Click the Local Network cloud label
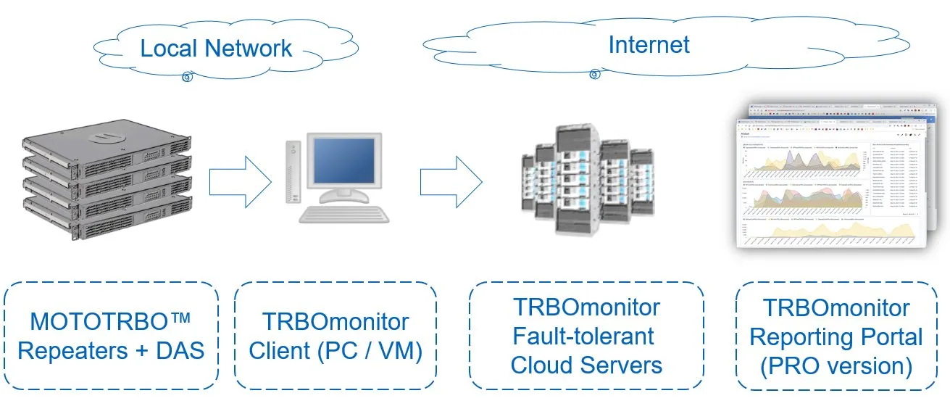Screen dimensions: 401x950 point(216,49)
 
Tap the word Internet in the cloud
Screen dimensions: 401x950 point(649,45)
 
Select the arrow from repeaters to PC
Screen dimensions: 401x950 point(238,177)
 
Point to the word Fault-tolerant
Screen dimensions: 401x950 point(583,336)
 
